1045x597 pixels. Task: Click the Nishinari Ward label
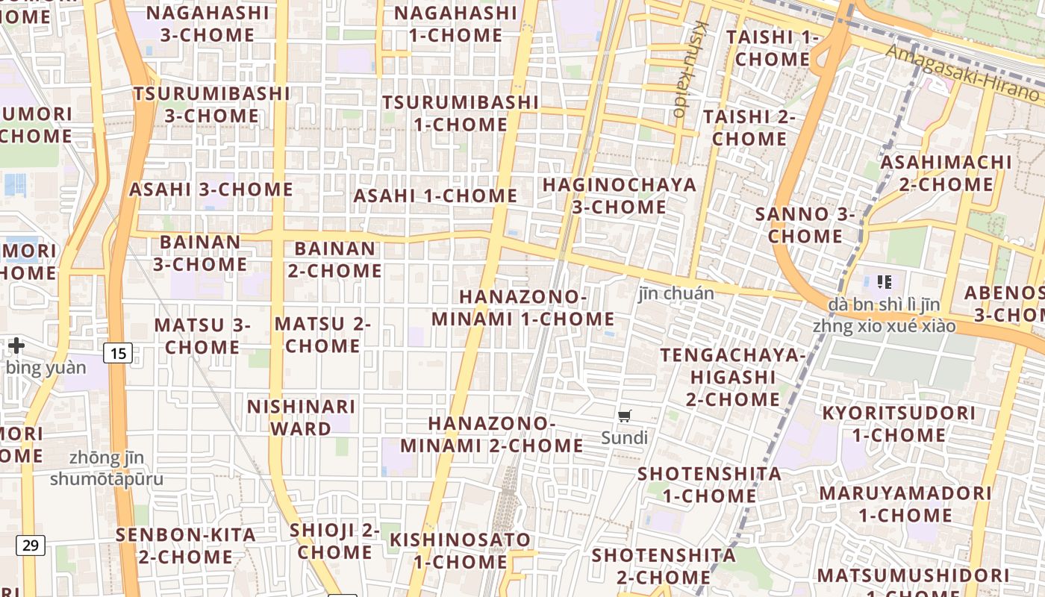pos(301,418)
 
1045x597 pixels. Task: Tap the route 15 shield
pos(118,352)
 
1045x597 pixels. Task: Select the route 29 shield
pos(30,545)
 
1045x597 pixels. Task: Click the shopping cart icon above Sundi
pos(625,416)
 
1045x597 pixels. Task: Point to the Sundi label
pos(625,437)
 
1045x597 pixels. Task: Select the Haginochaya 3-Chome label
pos(619,196)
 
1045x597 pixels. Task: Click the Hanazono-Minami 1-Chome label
pos(522,307)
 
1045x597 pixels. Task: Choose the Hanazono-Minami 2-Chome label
pos(492,434)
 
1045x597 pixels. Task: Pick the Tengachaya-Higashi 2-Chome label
pos(733,377)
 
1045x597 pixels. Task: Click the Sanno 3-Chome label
pos(805,225)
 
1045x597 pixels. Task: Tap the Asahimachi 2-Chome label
pos(946,173)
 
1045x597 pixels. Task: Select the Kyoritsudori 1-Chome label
pos(899,424)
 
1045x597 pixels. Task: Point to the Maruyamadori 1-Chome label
pos(905,504)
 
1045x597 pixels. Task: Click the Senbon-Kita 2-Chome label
pos(185,546)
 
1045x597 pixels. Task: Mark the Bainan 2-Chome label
pos(335,260)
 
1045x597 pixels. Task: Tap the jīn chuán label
pos(676,293)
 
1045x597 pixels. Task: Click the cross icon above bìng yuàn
pos(16,346)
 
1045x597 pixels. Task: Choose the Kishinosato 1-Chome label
pos(460,550)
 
